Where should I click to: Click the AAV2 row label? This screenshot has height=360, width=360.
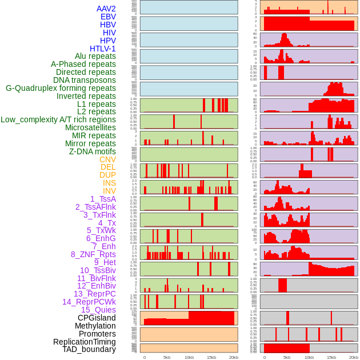(106, 9)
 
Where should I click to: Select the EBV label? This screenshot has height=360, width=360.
(108, 17)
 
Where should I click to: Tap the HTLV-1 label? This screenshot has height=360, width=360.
(103, 49)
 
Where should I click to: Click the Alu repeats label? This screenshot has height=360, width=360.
(95, 56)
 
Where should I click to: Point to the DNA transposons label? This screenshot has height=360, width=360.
(85, 80)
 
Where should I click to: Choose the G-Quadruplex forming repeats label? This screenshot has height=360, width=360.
(61, 88)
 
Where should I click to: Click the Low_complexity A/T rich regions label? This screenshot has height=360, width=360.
(58, 119)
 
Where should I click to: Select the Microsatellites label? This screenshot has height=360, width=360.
(90, 127)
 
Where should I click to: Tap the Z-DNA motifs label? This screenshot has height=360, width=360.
(93, 151)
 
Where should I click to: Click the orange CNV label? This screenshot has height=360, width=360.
(107, 159)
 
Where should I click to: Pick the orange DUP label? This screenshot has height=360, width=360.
(107, 175)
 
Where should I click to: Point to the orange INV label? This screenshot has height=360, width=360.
(109, 191)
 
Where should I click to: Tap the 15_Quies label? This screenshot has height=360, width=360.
(97, 310)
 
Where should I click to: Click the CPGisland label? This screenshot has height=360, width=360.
(97, 318)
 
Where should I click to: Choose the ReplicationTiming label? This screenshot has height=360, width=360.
(85, 342)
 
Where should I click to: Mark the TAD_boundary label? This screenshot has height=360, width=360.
(89, 349)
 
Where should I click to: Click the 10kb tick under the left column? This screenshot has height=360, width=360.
(189, 357)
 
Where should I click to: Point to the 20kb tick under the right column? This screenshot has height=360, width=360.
(354, 357)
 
